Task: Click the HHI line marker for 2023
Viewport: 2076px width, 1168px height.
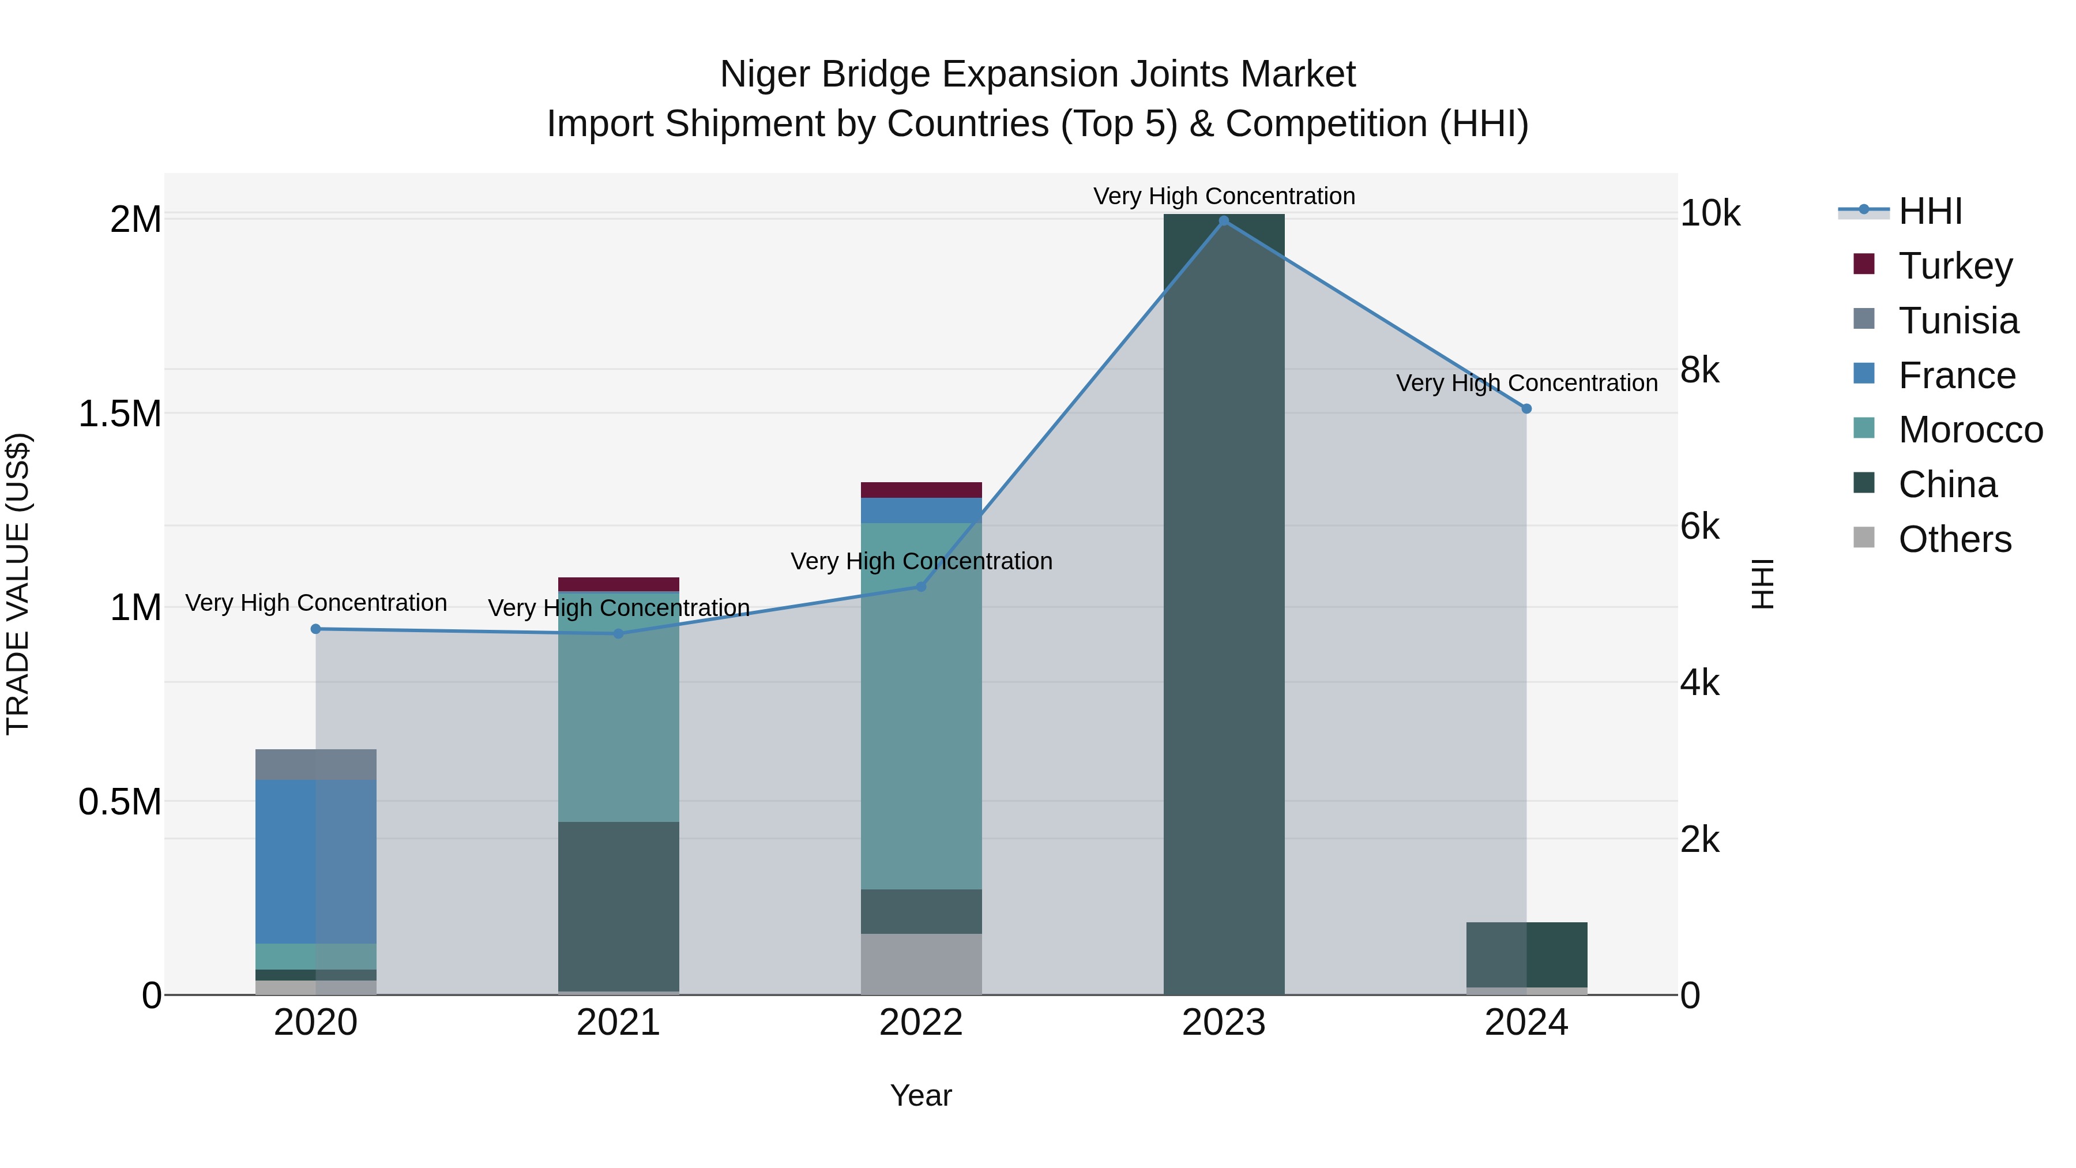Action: [x=1223, y=221]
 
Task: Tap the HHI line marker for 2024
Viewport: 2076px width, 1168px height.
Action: [x=1525, y=409]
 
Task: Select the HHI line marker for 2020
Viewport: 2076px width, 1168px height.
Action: [x=316, y=629]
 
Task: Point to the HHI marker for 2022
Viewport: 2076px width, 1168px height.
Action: [x=921, y=587]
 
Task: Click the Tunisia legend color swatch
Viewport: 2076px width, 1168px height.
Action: [x=1864, y=319]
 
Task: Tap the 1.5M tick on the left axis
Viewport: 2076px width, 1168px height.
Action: [x=120, y=414]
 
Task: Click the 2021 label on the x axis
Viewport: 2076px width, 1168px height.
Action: [x=618, y=1023]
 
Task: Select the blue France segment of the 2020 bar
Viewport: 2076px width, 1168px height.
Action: [x=316, y=861]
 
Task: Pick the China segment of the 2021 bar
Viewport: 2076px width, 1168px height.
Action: [x=618, y=906]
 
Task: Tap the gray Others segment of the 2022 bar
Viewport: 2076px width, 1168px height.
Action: [x=921, y=963]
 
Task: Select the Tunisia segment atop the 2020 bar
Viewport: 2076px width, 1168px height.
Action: [x=316, y=764]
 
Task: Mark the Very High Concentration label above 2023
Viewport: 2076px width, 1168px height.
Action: [x=1223, y=196]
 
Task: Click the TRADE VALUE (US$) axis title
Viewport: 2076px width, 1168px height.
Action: [x=18, y=584]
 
